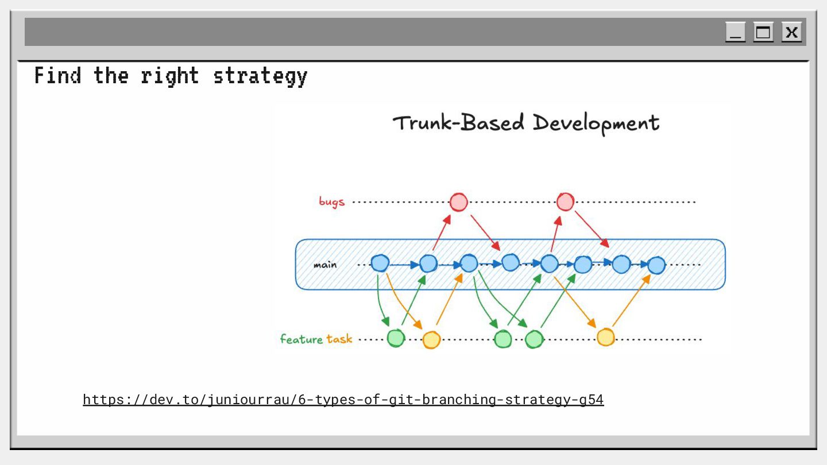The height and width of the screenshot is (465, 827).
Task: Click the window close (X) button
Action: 791,32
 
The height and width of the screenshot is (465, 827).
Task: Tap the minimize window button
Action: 735,32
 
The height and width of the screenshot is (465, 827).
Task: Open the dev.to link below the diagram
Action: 343,400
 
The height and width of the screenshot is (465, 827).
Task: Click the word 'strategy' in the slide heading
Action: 260,76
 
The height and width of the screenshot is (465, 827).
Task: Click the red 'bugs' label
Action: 332,201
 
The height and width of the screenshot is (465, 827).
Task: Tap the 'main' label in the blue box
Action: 325,265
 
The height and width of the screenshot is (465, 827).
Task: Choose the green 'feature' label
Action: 302,339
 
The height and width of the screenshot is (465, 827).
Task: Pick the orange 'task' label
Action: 339,339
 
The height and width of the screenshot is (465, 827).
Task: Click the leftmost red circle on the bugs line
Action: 458,202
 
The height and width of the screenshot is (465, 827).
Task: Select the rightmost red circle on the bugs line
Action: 565,202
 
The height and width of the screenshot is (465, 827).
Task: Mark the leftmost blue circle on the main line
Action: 380,263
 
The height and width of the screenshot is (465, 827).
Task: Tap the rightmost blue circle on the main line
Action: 656,265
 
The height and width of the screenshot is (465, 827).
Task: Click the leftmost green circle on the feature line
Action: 396,338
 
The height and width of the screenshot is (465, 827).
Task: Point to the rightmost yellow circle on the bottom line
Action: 605,337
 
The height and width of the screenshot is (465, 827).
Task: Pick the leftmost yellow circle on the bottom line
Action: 431,340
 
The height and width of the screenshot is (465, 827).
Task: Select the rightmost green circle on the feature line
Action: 534,339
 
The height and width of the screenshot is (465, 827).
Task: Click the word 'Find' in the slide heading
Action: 57,76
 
